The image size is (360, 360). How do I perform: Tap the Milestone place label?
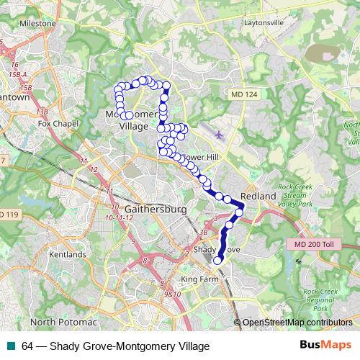pyautogui.click(x=37, y=23)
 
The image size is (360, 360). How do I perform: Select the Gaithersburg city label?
pyautogui.click(x=156, y=209)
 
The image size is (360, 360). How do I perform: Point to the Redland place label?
pyautogui.click(x=258, y=196)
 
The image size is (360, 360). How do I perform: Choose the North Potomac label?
pyautogui.click(x=63, y=321)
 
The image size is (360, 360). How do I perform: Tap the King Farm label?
pyautogui.click(x=198, y=279)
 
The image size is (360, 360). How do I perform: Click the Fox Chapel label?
pyautogui.click(x=58, y=123)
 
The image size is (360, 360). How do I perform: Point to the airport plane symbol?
pyautogui.click(x=219, y=134)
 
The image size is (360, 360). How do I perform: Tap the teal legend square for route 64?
pyautogui.click(x=9, y=346)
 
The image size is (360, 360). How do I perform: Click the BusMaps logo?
pyautogui.click(x=326, y=345)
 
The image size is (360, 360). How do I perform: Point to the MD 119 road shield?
pyautogui.click(x=9, y=215)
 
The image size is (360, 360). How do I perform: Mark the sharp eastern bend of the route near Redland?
pyautogui.click(x=243, y=207)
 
